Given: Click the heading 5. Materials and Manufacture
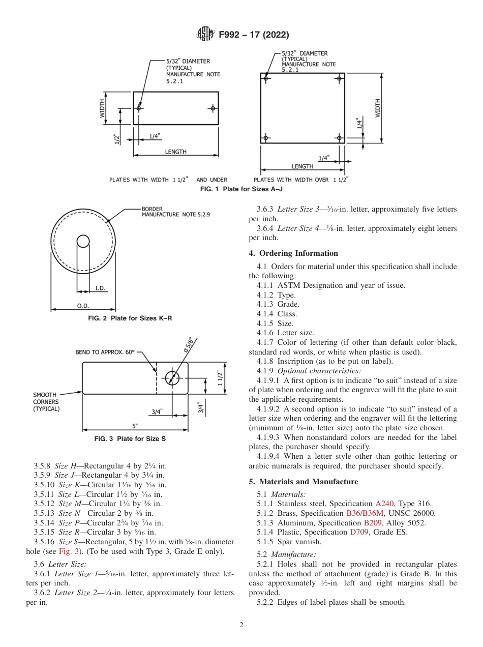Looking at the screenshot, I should [303, 482].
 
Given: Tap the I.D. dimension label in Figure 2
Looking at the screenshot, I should [100, 288].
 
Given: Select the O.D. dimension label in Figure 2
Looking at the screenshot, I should [83, 305].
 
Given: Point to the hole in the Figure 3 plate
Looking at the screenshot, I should [172, 377].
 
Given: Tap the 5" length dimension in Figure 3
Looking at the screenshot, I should [135, 425].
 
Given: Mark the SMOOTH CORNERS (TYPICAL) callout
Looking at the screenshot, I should [47, 401].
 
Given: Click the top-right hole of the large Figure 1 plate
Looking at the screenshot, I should [339, 78].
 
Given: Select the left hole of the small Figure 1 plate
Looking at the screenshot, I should [139, 108].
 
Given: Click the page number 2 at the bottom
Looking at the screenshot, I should [241, 625].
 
